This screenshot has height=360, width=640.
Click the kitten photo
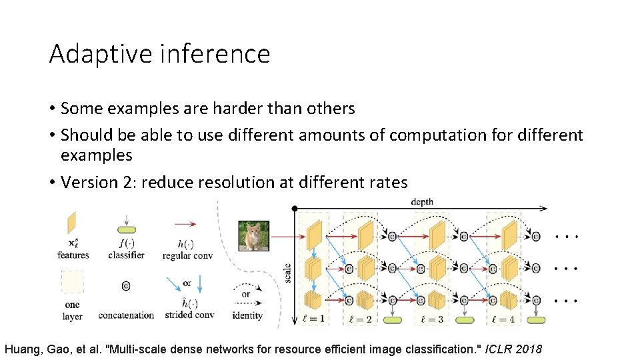coord(253,235)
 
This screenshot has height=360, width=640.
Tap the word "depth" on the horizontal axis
coord(421,201)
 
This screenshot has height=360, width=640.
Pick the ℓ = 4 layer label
coord(505,319)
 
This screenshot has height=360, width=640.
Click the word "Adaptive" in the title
coord(100,53)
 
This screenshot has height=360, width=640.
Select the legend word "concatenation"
coord(126,315)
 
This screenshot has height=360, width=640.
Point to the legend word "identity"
coord(246,315)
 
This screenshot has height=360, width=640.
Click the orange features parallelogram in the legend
coord(72,223)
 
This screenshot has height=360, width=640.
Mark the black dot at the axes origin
coord(295,209)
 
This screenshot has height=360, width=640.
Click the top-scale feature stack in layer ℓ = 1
coord(314,234)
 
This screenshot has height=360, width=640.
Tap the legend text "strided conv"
coord(188,315)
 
